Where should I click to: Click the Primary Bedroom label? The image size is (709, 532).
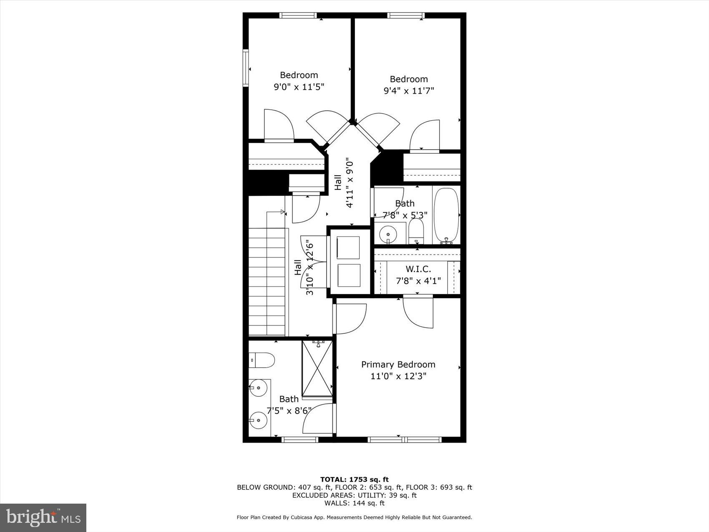(398, 364)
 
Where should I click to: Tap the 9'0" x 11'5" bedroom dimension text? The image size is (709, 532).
(299, 87)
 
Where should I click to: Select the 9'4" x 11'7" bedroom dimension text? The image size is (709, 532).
(409, 91)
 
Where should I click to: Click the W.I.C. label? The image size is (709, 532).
(418, 269)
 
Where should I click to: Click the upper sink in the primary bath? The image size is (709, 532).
(259, 388)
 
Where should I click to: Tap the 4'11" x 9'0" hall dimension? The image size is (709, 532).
(349, 184)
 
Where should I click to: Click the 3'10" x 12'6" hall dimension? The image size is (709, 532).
(309, 267)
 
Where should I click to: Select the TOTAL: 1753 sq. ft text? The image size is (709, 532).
(354, 479)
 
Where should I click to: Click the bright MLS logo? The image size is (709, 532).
(43, 517)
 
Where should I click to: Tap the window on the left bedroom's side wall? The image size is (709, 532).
(246, 68)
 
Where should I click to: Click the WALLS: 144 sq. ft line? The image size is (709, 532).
(354, 503)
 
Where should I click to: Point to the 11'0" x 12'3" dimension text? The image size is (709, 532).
(398, 376)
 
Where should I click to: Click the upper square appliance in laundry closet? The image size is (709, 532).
(348, 248)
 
